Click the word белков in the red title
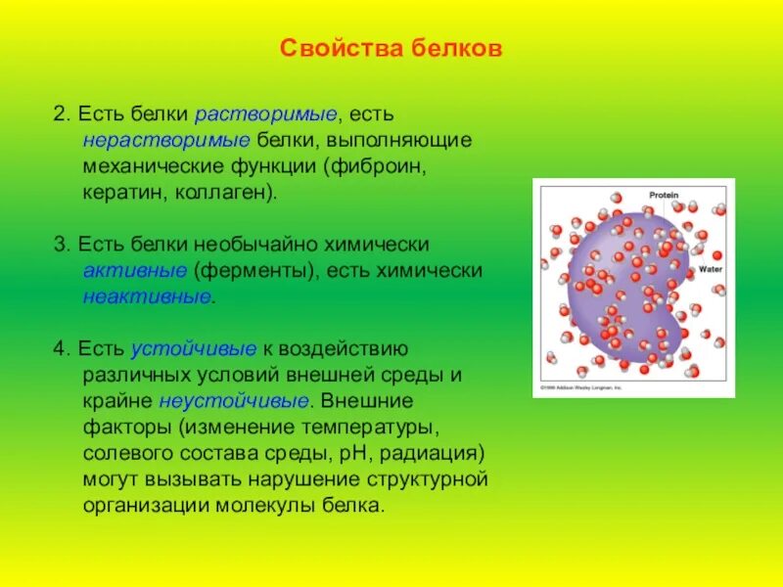point(457,48)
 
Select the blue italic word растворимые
point(265,115)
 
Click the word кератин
point(124,192)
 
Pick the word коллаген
point(223,192)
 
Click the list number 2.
point(60,115)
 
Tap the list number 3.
point(60,245)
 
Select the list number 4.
point(60,349)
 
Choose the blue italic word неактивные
point(147,295)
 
